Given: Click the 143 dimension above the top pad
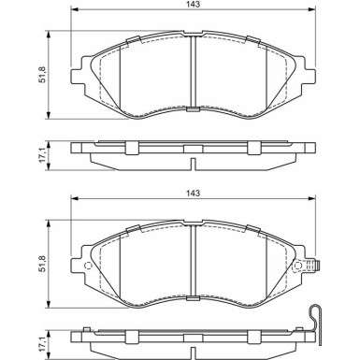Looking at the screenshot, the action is [194, 4].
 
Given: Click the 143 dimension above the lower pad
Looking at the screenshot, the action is [194, 194].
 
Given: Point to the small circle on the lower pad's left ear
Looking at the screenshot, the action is [88, 266].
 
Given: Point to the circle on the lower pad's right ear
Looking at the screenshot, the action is [298, 266].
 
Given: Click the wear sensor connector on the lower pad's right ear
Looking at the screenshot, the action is [312, 266].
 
